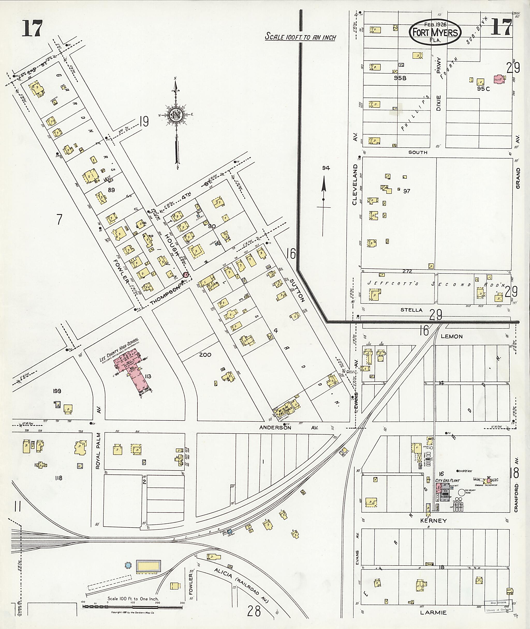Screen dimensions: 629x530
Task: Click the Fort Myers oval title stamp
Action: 435,32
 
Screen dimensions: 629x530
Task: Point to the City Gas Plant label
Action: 447,480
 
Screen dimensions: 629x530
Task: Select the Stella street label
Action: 411,310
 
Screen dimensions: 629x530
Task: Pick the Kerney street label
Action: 433,520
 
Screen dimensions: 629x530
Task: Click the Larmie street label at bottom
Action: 433,612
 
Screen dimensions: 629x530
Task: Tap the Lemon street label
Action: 452,336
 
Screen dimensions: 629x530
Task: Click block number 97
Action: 407,191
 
